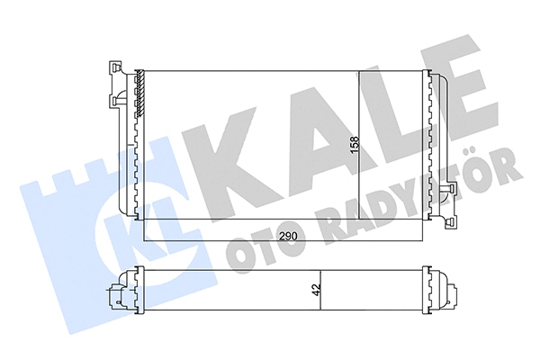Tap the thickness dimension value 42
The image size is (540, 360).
(314, 291)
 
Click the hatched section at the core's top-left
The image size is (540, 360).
(140, 94)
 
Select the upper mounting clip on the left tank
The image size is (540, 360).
(112, 69)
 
